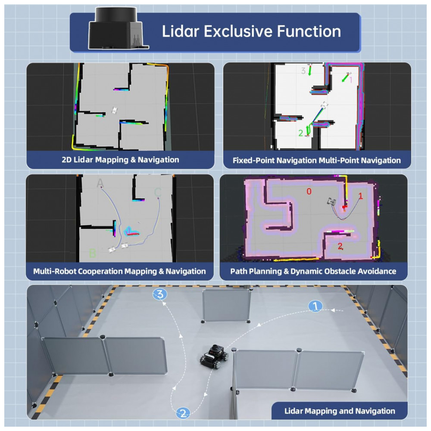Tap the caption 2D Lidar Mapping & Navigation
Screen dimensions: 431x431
click(x=120, y=160)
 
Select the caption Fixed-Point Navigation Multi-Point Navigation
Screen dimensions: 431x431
click(x=317, y=160)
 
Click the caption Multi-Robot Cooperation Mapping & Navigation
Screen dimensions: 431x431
click(x=119, y=272)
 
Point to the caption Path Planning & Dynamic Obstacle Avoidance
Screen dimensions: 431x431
click(x=313, y=272)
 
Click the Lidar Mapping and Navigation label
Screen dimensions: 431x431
click(x=340, y=411)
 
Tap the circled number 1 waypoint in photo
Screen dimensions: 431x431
click(x=316, y=306)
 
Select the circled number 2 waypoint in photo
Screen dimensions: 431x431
click(x=183, y=413)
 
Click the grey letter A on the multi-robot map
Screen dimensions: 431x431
click(x=100, y=184)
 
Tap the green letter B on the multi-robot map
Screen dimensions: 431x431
click(x=92, y=253)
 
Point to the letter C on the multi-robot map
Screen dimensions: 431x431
click(x=158, y=192)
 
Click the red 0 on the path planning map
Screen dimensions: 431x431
click(x=309, y=191)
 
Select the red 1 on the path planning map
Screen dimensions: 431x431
click(x=361, y=196)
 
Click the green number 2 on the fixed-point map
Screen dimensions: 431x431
click(x=300, y=133)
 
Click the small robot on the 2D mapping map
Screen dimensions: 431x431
click(x=115, y=110)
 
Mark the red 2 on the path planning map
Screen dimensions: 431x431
click(x=340, y=247)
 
